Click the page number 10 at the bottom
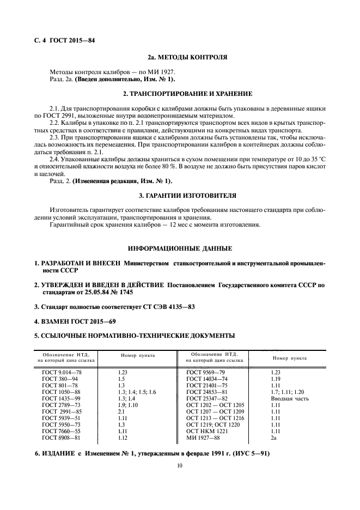(179, 466)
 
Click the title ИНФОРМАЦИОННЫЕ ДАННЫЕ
(180, 248)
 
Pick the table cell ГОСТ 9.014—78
(62, 371)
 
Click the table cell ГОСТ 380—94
(60, 378)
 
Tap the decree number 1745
(126, 292)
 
